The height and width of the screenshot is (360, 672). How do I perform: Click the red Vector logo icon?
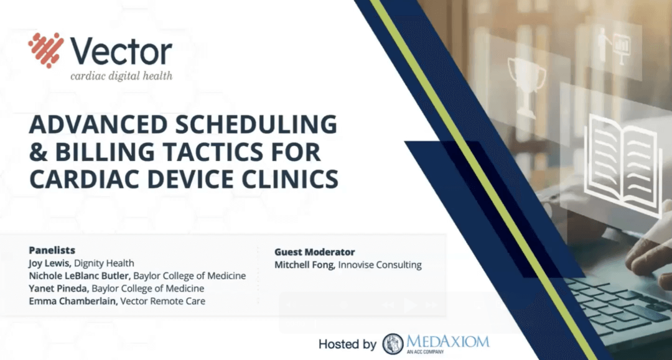point(45,50)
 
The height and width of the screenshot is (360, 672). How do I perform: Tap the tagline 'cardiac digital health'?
point(121,76)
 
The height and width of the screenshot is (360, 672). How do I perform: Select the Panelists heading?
point(52,250)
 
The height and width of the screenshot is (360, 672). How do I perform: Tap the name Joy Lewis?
point(50,263)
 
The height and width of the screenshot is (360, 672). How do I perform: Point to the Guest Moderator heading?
point(314,252)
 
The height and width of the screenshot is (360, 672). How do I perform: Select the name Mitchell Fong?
point(304,265)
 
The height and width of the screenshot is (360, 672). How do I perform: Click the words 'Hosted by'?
point(347,344)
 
